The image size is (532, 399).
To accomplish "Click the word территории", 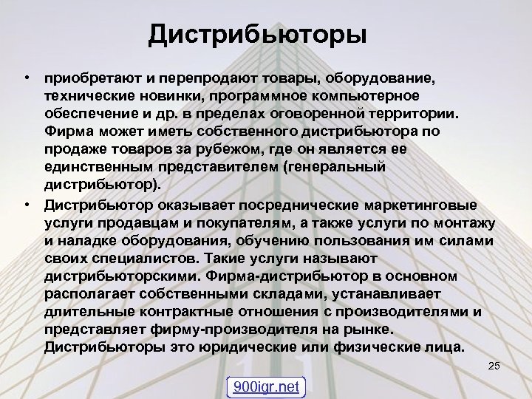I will tap(411, 114).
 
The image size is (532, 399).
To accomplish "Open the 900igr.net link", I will tap(265, 386).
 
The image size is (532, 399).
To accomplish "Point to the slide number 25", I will tap(495, 366).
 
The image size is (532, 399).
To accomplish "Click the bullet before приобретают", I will tap(26, 78).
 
